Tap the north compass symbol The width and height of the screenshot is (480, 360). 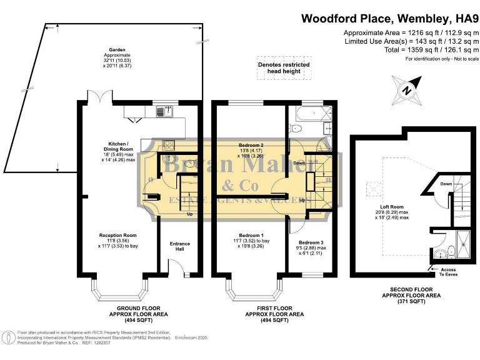407,91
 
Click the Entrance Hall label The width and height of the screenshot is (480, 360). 179,246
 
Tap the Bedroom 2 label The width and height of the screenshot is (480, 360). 251,149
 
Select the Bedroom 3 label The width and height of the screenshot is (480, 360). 311,246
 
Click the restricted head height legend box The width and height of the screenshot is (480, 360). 284,68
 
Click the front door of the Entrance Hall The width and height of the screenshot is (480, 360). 179,269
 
